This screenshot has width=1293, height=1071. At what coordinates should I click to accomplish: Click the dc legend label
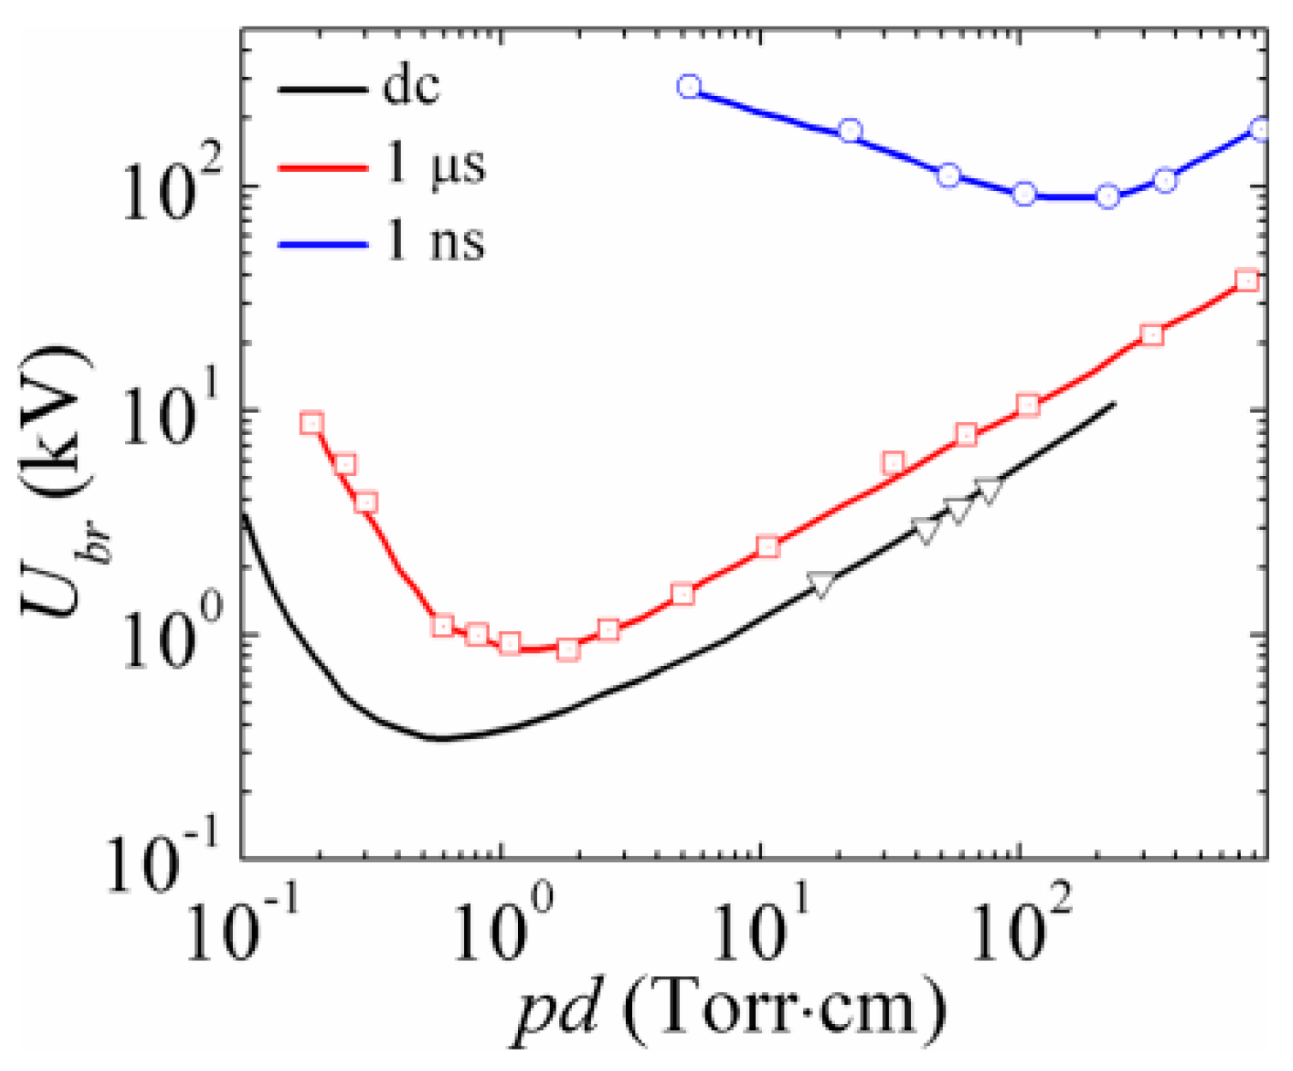tap(411, 86)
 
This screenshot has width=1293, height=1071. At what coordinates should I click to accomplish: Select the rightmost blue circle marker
tap(1260, 129)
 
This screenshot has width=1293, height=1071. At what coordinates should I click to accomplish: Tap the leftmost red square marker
tap(312, 423)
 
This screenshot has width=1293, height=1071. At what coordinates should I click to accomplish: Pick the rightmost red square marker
tap(1248, 280)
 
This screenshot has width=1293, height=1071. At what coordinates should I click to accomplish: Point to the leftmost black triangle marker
tap(821, 583)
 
